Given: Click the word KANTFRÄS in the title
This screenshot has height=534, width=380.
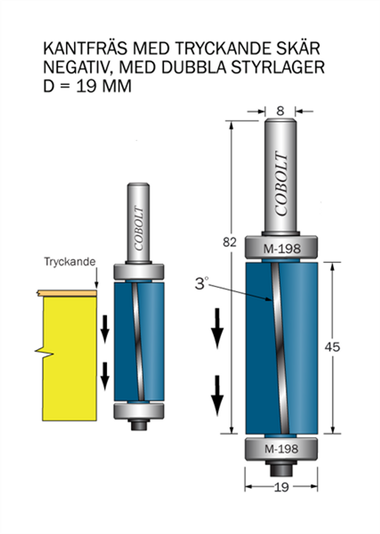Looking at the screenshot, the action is point(86,48).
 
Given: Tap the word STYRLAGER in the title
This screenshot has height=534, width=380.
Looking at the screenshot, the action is point(277,67).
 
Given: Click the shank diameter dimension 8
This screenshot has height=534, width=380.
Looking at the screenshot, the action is point(280,111).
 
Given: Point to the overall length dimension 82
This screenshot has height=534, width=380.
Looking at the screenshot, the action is point(229,242).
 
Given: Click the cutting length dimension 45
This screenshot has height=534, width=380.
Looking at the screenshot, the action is point(333,347).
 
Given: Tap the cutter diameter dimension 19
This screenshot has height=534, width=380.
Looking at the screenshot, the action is point(281,488).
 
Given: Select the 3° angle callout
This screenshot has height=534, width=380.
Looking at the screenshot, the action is point(201,283).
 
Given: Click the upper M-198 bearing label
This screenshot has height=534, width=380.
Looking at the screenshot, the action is point(282,249).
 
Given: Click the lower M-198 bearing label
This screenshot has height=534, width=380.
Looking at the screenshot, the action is point(281,449).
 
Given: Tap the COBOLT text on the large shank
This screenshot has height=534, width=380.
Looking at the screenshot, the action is point(282,184).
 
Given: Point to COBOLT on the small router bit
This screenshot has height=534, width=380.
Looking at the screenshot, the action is point(139,228).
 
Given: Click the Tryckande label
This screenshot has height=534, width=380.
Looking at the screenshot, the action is point(70,262).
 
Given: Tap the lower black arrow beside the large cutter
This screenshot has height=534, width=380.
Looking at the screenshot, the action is point(217,396).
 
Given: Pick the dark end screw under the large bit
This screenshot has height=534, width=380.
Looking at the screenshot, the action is point(281,468).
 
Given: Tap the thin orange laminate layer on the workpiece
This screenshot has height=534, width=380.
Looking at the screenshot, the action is point(67,293).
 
